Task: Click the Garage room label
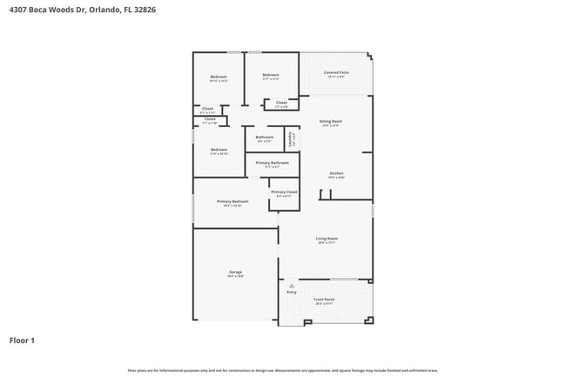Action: point(236,272)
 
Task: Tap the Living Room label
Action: point(327,238)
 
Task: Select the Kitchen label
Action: point(336,173)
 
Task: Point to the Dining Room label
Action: point(331,121)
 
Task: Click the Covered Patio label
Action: point(336,72)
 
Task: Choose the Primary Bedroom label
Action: point(232,201)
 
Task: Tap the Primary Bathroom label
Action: point(273,163)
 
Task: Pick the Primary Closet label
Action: point(284,192)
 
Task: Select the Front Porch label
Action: point(324,299)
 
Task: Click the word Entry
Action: point(292,292)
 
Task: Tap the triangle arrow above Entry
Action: point(292,285)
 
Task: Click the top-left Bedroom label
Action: point(219,78)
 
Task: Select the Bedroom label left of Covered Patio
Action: point(271,75)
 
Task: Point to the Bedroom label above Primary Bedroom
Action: point(219,150)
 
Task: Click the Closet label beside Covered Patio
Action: point(281,103)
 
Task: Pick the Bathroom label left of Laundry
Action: point(265,137)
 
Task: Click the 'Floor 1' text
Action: point(22,340)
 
